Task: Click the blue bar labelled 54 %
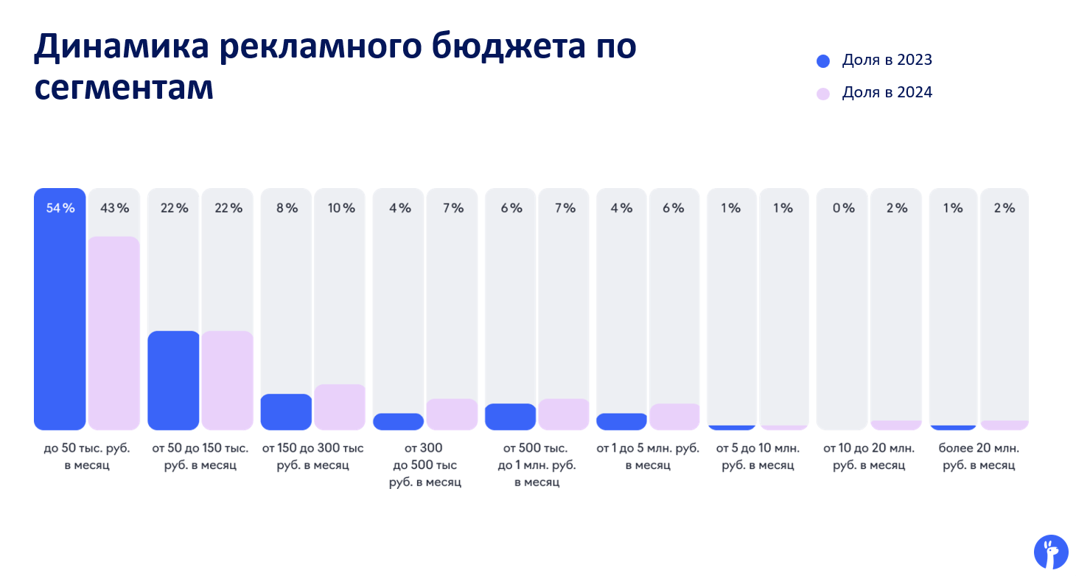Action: point(60,309)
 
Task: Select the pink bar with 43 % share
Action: point(113,333)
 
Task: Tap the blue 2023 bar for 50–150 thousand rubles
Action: point(173,380)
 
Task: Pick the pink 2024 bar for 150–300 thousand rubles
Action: point(340,407)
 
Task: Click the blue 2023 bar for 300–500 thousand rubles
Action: point(398,422)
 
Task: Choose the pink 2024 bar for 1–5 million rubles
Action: point(674,417)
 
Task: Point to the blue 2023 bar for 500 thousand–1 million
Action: point(510,417)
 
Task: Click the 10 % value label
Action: point(341,208)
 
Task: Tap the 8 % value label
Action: point(287,208)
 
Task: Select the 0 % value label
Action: point(844,208)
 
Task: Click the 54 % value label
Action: point(60,208)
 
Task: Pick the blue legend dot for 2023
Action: point(823,61)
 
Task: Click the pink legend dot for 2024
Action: point(823,94)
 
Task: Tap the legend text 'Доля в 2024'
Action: point(887,92)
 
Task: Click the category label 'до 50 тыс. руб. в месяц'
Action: point(87,457)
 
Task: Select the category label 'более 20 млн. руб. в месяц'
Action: point(979,457)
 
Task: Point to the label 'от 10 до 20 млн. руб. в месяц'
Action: point(868,457)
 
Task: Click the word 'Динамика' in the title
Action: point(122,46)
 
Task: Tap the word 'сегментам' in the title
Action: point(124,89)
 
